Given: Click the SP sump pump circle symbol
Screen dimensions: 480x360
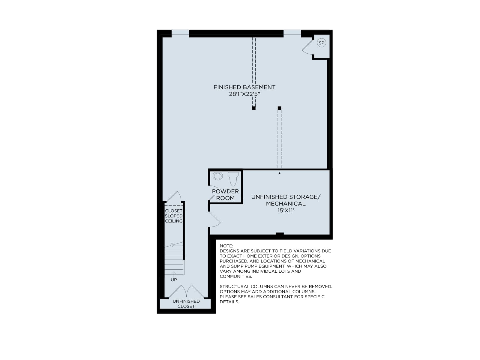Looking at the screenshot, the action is click(321, 43).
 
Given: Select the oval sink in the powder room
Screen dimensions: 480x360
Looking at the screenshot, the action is click(217, 176).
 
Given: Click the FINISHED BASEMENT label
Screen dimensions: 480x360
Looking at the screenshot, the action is click(244, 87).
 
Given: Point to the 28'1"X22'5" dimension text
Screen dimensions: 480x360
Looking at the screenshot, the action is click(244, 94).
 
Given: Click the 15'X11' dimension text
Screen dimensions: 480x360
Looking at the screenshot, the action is click(286, 211).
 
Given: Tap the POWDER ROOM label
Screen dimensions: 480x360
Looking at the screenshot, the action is click(225, 194).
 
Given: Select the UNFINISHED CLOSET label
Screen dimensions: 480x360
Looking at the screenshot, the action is click(186, 304).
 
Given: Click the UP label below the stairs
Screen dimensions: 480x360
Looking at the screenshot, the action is click(174, 280).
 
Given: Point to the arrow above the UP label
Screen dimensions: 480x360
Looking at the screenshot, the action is click(174, 274).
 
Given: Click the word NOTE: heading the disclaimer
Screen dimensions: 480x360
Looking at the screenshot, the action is click(226, 246).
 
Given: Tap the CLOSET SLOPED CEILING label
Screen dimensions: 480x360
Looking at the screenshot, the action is click(174, 216).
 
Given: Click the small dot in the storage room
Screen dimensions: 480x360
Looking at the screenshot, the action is click(279, 173).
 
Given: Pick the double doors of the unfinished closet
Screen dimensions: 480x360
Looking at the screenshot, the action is click(187, 291).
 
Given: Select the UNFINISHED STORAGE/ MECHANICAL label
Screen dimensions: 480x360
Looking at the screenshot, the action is click(286, 200).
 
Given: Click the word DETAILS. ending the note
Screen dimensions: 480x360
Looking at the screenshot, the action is click(229, 302).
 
